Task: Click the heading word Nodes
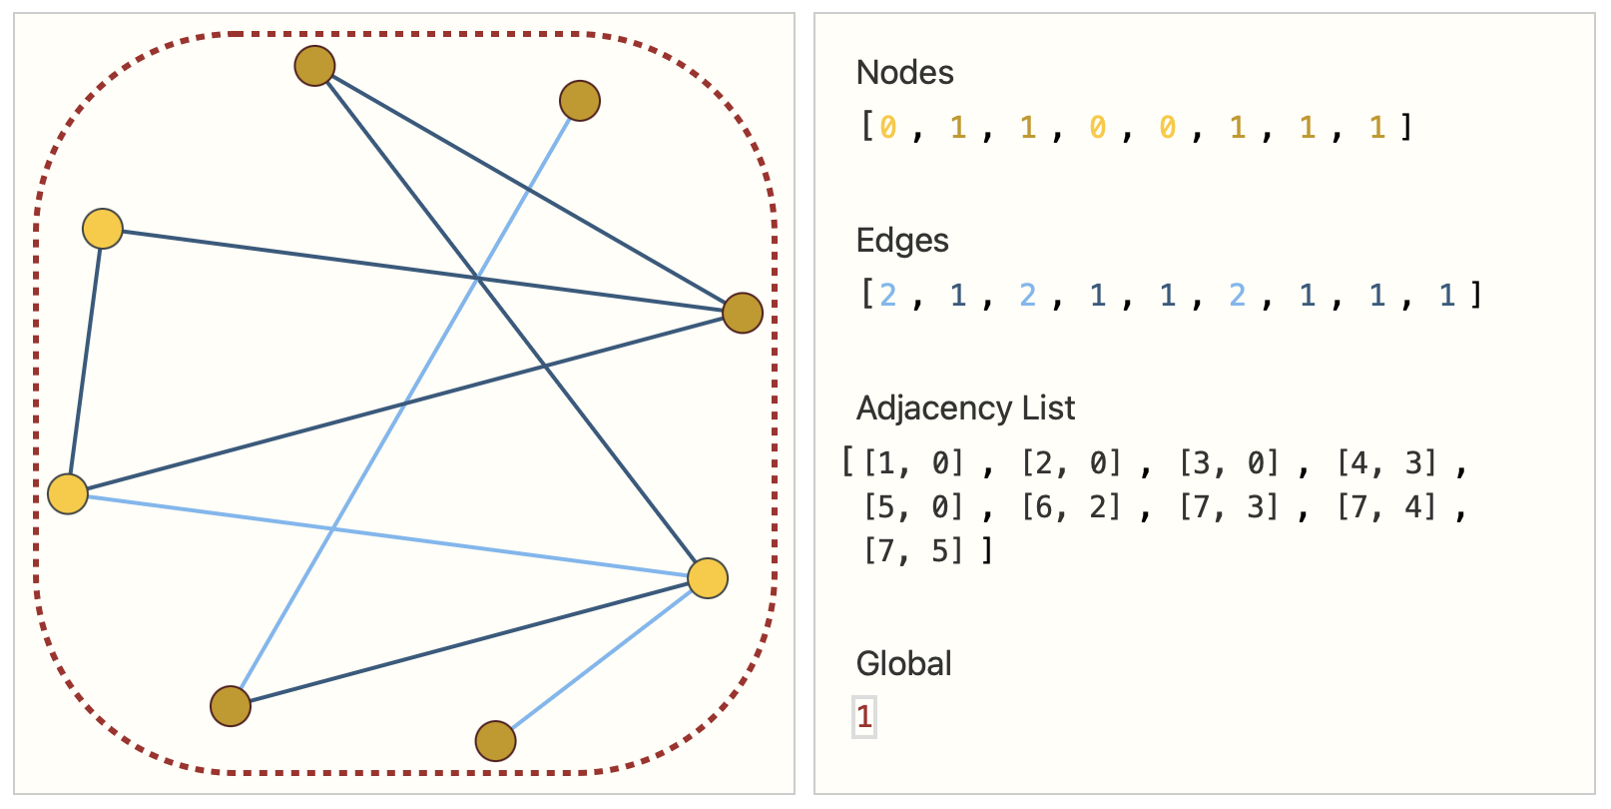(904, 73)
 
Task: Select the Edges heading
(902, 241)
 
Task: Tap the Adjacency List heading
(965, 408)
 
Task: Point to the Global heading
(903, 664)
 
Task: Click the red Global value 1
(864, 716)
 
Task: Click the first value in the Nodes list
(888, 127)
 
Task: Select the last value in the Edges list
(1447, 295)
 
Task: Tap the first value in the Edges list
(888, 295)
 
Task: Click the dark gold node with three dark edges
(743, 313)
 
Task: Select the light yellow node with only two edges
(103, 229)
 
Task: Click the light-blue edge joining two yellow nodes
(387, 536)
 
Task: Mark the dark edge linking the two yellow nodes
(86, 361)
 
